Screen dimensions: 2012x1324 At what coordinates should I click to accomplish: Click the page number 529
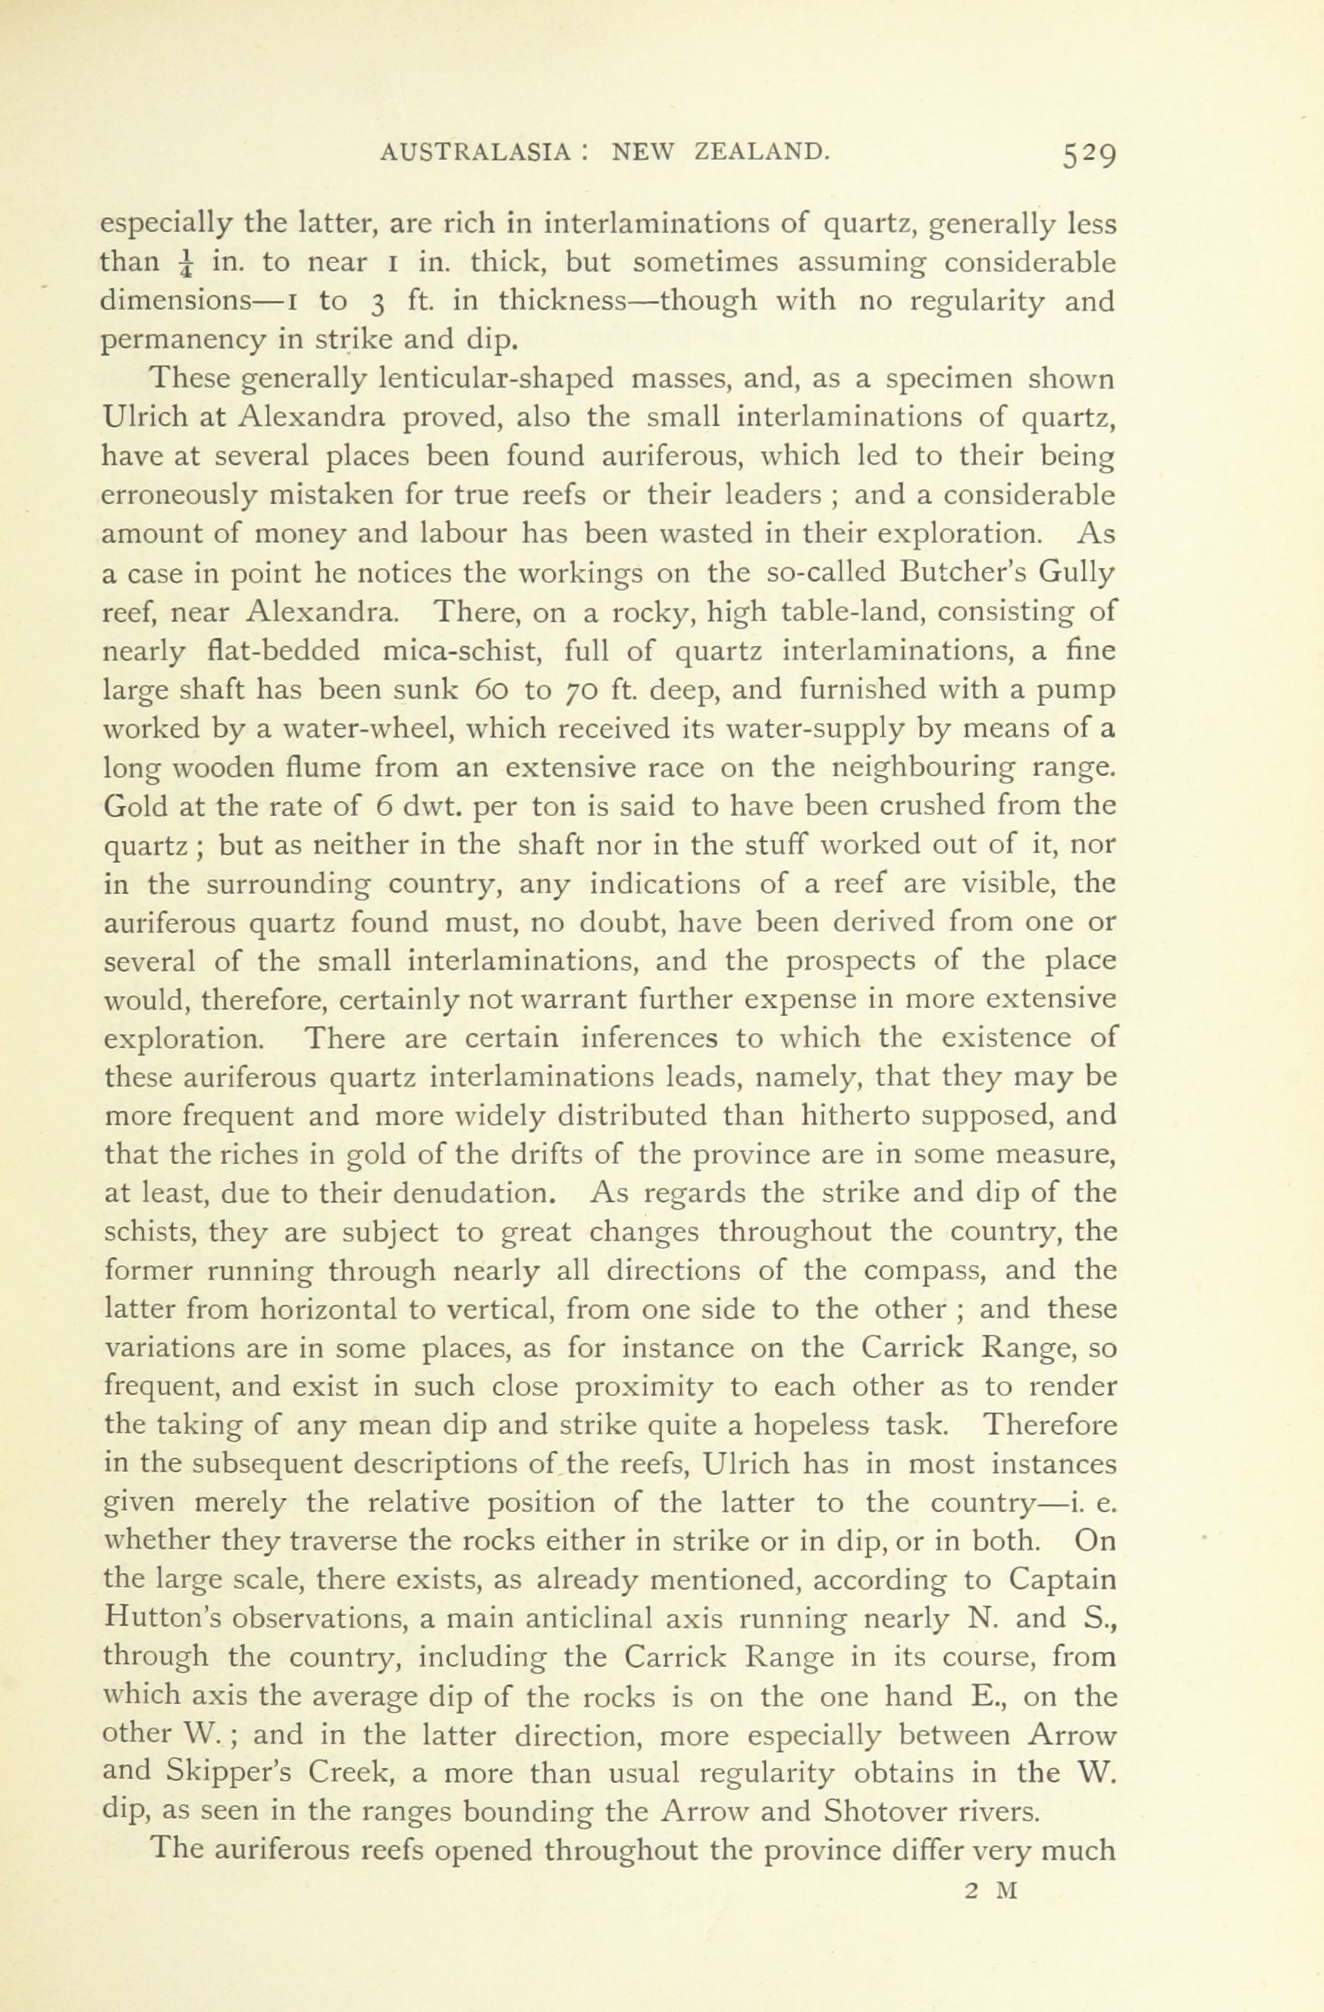[x=1090, y=155]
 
